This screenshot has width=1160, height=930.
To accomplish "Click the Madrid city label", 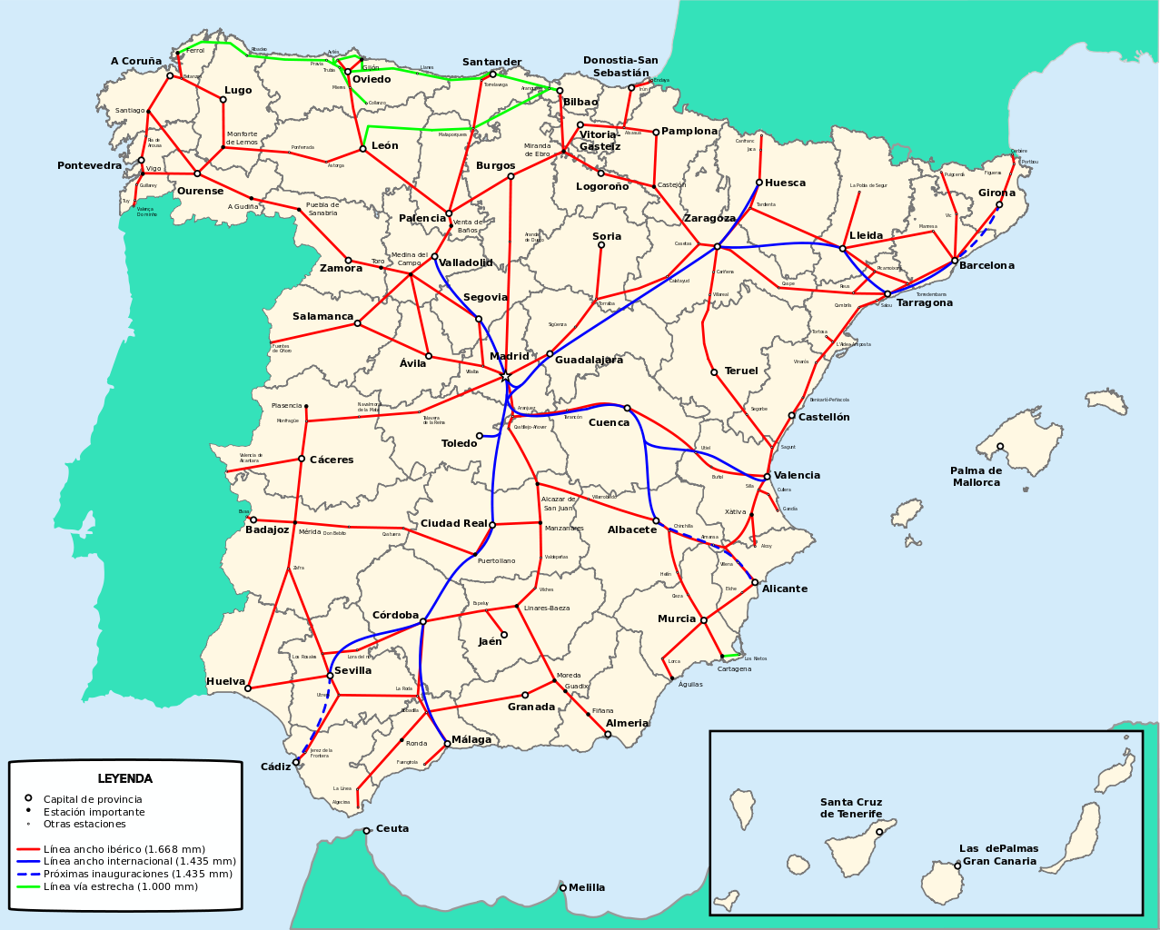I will [509, 357].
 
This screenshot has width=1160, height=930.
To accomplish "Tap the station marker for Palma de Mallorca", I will [1000, 446].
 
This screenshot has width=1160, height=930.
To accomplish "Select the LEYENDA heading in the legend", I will [125, 779].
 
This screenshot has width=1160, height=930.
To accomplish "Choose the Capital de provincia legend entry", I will [93, 799].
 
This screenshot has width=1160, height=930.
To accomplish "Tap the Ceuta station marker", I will [367, 830].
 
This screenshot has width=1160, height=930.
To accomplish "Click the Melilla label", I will [587, 887].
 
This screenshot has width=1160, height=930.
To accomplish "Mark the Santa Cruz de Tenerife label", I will [851, 808].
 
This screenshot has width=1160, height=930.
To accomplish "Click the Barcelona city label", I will [986, 266].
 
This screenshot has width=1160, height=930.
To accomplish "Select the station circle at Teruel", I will [714, 372].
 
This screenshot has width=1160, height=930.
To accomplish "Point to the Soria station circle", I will [601, 245].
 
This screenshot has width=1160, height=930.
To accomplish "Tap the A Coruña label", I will [136, 62].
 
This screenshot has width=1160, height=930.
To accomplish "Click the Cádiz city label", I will [275, 767].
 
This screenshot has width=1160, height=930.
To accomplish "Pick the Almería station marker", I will [608, 734].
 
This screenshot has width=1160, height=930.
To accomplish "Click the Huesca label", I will [785, 183].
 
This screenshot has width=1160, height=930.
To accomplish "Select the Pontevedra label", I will [89, 166].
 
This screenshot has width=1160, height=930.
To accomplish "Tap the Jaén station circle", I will [504, 635].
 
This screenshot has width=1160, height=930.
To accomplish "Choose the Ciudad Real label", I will [453, 524].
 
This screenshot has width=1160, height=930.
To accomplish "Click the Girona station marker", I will [999, 204].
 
